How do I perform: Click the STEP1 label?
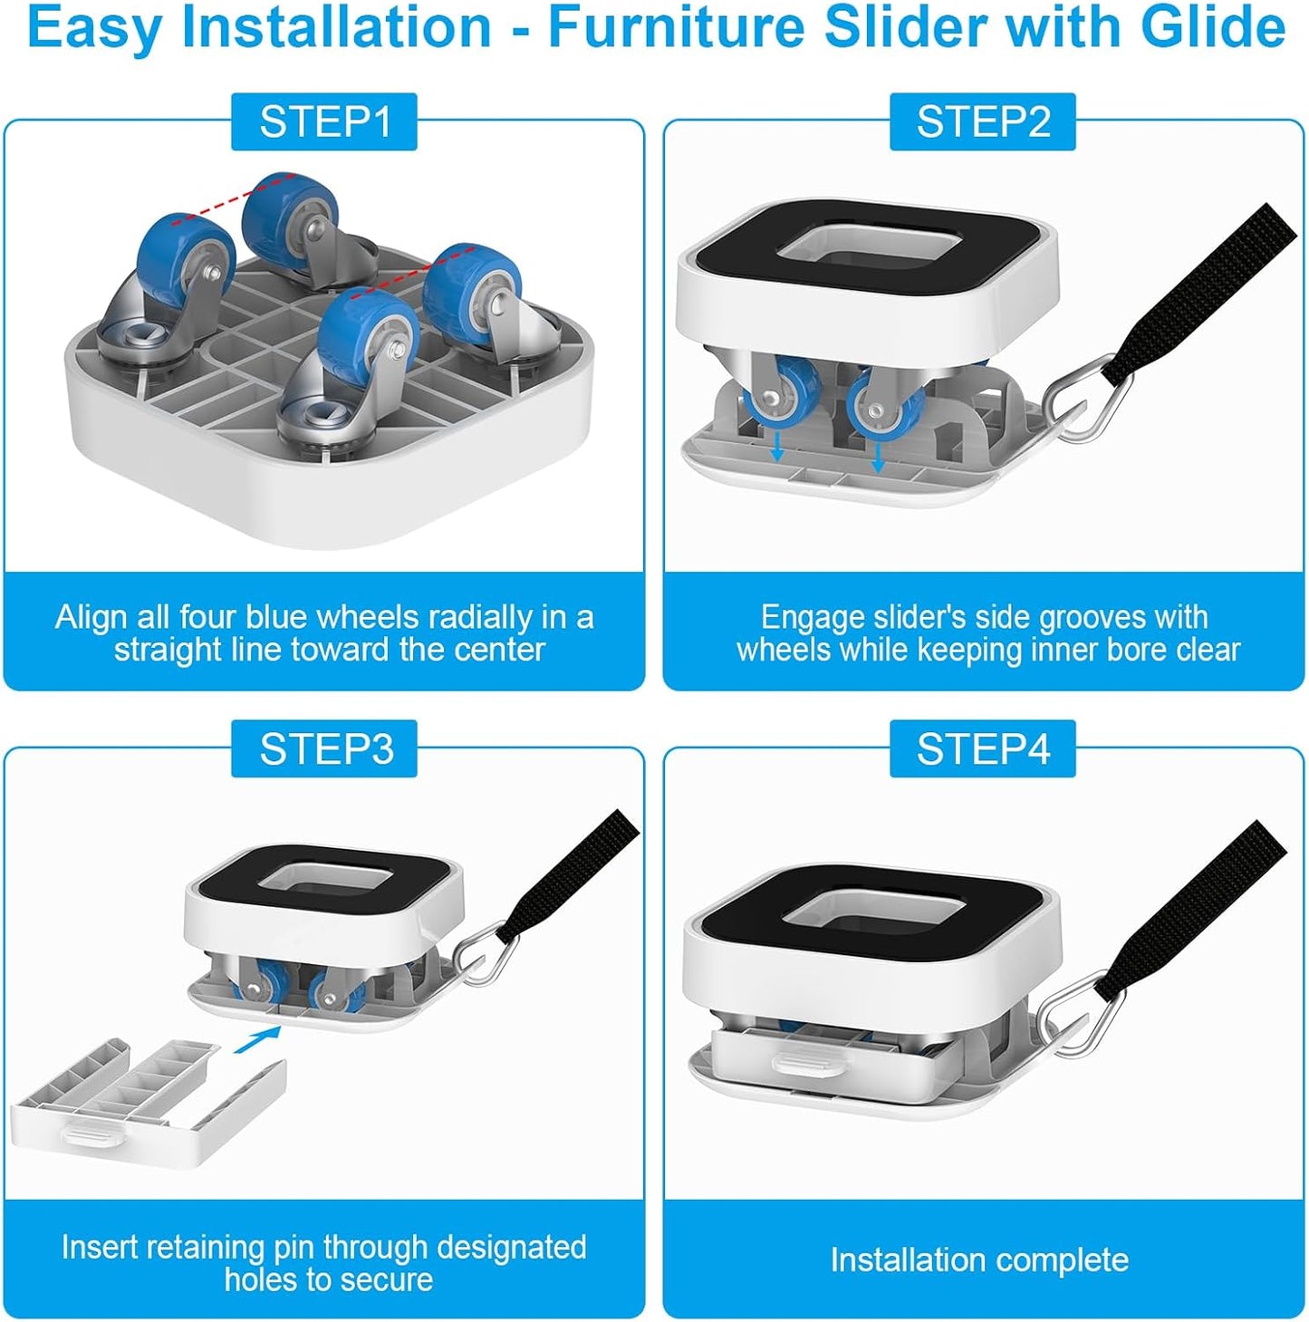(324, 121)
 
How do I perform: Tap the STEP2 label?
(983, 121)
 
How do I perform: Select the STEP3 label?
(324, 748)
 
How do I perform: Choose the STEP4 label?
(983, 748)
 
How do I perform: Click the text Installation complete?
(979, 1259)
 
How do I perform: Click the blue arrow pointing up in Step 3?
(256, 1039)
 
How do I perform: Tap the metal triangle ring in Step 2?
(1087, 396)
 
